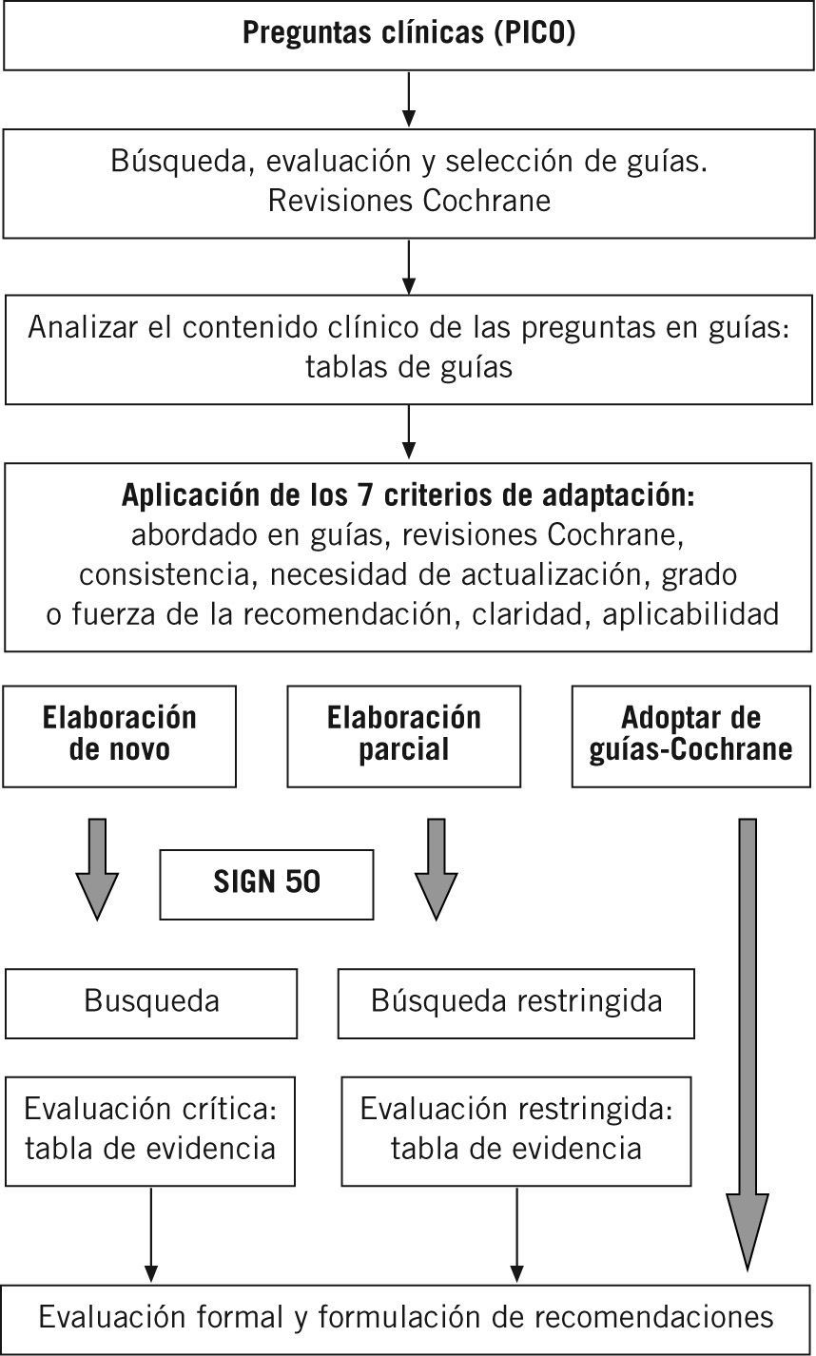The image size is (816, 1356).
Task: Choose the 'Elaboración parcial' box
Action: click(x=403, y=735)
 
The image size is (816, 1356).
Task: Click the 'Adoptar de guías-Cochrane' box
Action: click(x=690, y=735)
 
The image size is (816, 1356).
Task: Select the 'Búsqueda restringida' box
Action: click(x=515, y=1002)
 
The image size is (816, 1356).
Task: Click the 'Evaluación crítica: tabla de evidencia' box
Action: click(x=150, y=1129)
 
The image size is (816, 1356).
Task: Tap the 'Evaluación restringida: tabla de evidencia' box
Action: click(x=515, y=1129)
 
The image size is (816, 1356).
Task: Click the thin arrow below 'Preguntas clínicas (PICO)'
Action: click(x=408, y=101)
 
